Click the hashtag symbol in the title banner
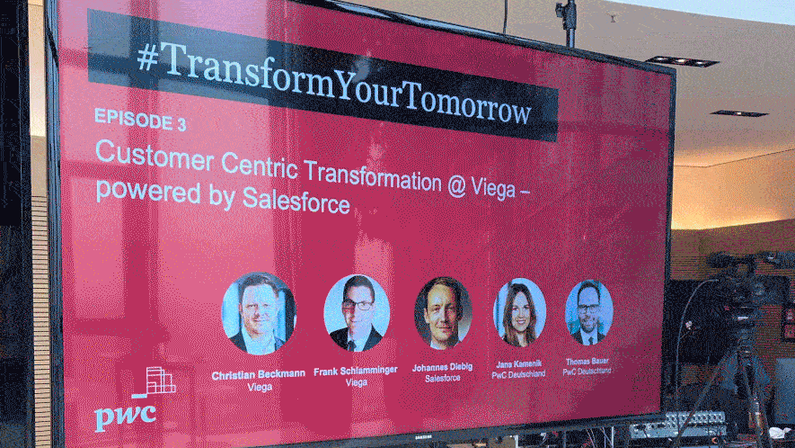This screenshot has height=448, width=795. [147, 58]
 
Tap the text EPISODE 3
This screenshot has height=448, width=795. [140, 121]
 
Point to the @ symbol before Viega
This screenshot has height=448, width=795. [456, 186]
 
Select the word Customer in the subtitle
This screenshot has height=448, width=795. [155, 156]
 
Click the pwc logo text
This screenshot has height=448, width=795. [125, 417]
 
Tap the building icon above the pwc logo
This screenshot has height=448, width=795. [155, 382]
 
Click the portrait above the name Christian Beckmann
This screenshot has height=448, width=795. [259, 313]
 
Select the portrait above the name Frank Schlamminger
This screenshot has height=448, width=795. [357, 313]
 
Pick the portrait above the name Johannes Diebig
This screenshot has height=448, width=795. [443, 313]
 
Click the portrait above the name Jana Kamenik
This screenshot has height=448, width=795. [519, 312]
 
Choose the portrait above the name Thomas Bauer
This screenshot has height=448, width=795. [588, 312]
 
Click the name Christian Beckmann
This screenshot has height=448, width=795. [259, 375]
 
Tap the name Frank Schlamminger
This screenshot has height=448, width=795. [356, 372]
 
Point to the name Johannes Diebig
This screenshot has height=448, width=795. [443, 367]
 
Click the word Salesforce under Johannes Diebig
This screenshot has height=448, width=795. [443, 379]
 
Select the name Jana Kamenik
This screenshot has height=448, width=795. [518, 363]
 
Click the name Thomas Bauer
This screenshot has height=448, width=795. [587, 362]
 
